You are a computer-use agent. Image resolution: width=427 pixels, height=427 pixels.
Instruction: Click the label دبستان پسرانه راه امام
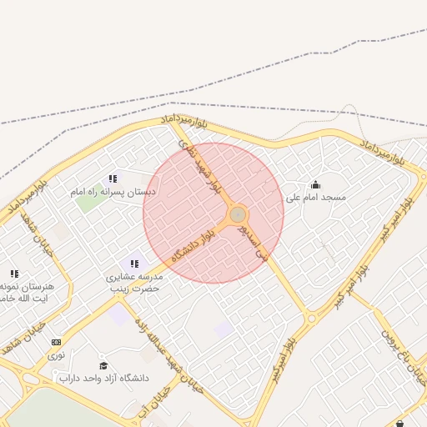pyautogui.click(x=113, y=192)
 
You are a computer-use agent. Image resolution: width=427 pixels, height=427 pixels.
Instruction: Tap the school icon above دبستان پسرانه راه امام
pyautogui.click(x=113, y=178)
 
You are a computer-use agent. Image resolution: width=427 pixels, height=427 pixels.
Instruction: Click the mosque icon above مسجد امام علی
pyautogui.click(x=315, y=185)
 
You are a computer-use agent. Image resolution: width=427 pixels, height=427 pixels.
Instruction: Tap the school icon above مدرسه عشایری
pyautogui.click(x=133, y=264)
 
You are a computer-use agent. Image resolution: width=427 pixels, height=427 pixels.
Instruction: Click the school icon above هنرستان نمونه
pyautogui.click(x=14, y=273)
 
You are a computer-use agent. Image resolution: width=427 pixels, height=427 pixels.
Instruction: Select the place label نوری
pyautogui.click(x=56, y=354)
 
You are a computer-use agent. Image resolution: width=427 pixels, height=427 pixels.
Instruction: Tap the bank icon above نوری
pyautogui.click(x=56, y=342)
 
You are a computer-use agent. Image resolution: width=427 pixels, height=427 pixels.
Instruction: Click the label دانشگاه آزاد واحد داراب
pyautogui.click(x=103, y=378)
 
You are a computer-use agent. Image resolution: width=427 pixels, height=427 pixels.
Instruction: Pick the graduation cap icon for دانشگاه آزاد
pyautogui.click(x=103, y=365)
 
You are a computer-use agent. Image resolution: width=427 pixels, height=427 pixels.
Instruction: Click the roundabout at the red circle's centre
pyautogui.click(x=238, y=214)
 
